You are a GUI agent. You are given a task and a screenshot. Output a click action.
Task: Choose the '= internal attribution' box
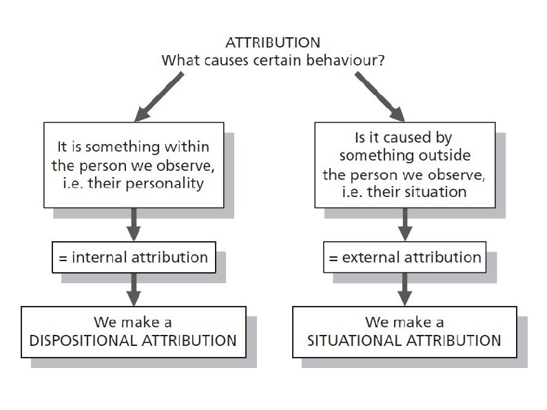click(134, 258)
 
